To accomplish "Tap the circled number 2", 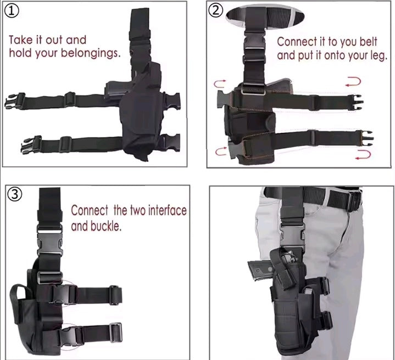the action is pyautogui.click(x=216, y=11).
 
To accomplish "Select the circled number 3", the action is pyautogui.click(x=15, y=194).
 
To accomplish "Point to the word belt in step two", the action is pyautogui.click(x=368, y=42).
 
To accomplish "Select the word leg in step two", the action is pyautogui.click(x=379, y=56).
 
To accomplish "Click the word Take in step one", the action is pyautogui.click(x=21, y=40).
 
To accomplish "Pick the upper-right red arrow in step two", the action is pyautogui.click(x=353, y=82).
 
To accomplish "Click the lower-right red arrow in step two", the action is pyautogui.click(x=363, y=154).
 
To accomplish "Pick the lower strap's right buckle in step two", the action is pyautogui.click(x=367, y=138).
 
